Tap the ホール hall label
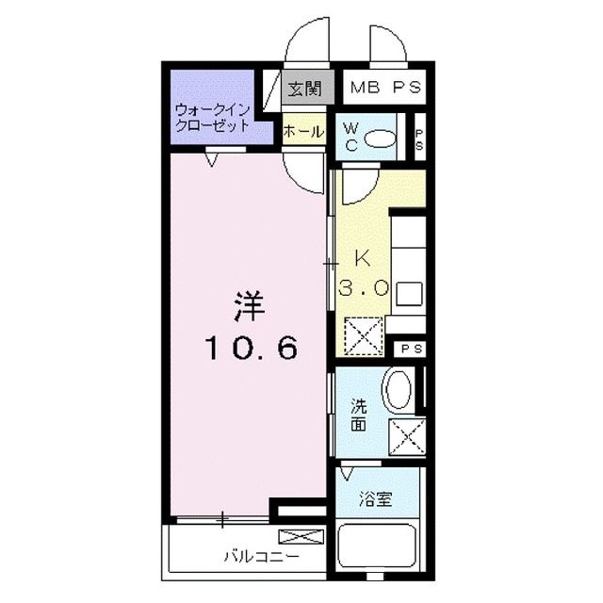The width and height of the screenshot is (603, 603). pos(303,132)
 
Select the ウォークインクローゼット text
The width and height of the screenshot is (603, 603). pos(212,117)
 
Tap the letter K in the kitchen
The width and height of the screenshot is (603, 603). pos(364,257)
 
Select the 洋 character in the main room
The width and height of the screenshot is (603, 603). pos(248,308)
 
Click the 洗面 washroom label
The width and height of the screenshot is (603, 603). pos(359,415)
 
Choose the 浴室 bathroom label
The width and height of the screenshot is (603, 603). pos(377,500)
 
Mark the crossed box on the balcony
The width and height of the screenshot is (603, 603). pos(301,538)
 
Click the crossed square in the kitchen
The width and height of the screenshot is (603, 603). pos(363,334)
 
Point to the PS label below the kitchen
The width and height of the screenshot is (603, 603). pos(410,349)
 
